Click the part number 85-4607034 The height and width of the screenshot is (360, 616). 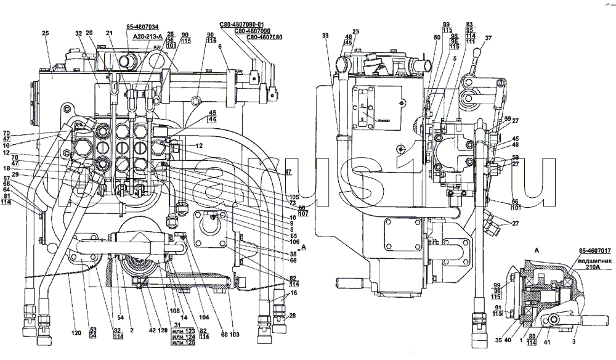pos(142,27)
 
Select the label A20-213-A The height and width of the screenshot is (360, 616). pos(145,36)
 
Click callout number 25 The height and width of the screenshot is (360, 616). pos(45,33)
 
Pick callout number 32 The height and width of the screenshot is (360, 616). pos(78,33)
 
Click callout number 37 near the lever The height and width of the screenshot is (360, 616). pos(488,38)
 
